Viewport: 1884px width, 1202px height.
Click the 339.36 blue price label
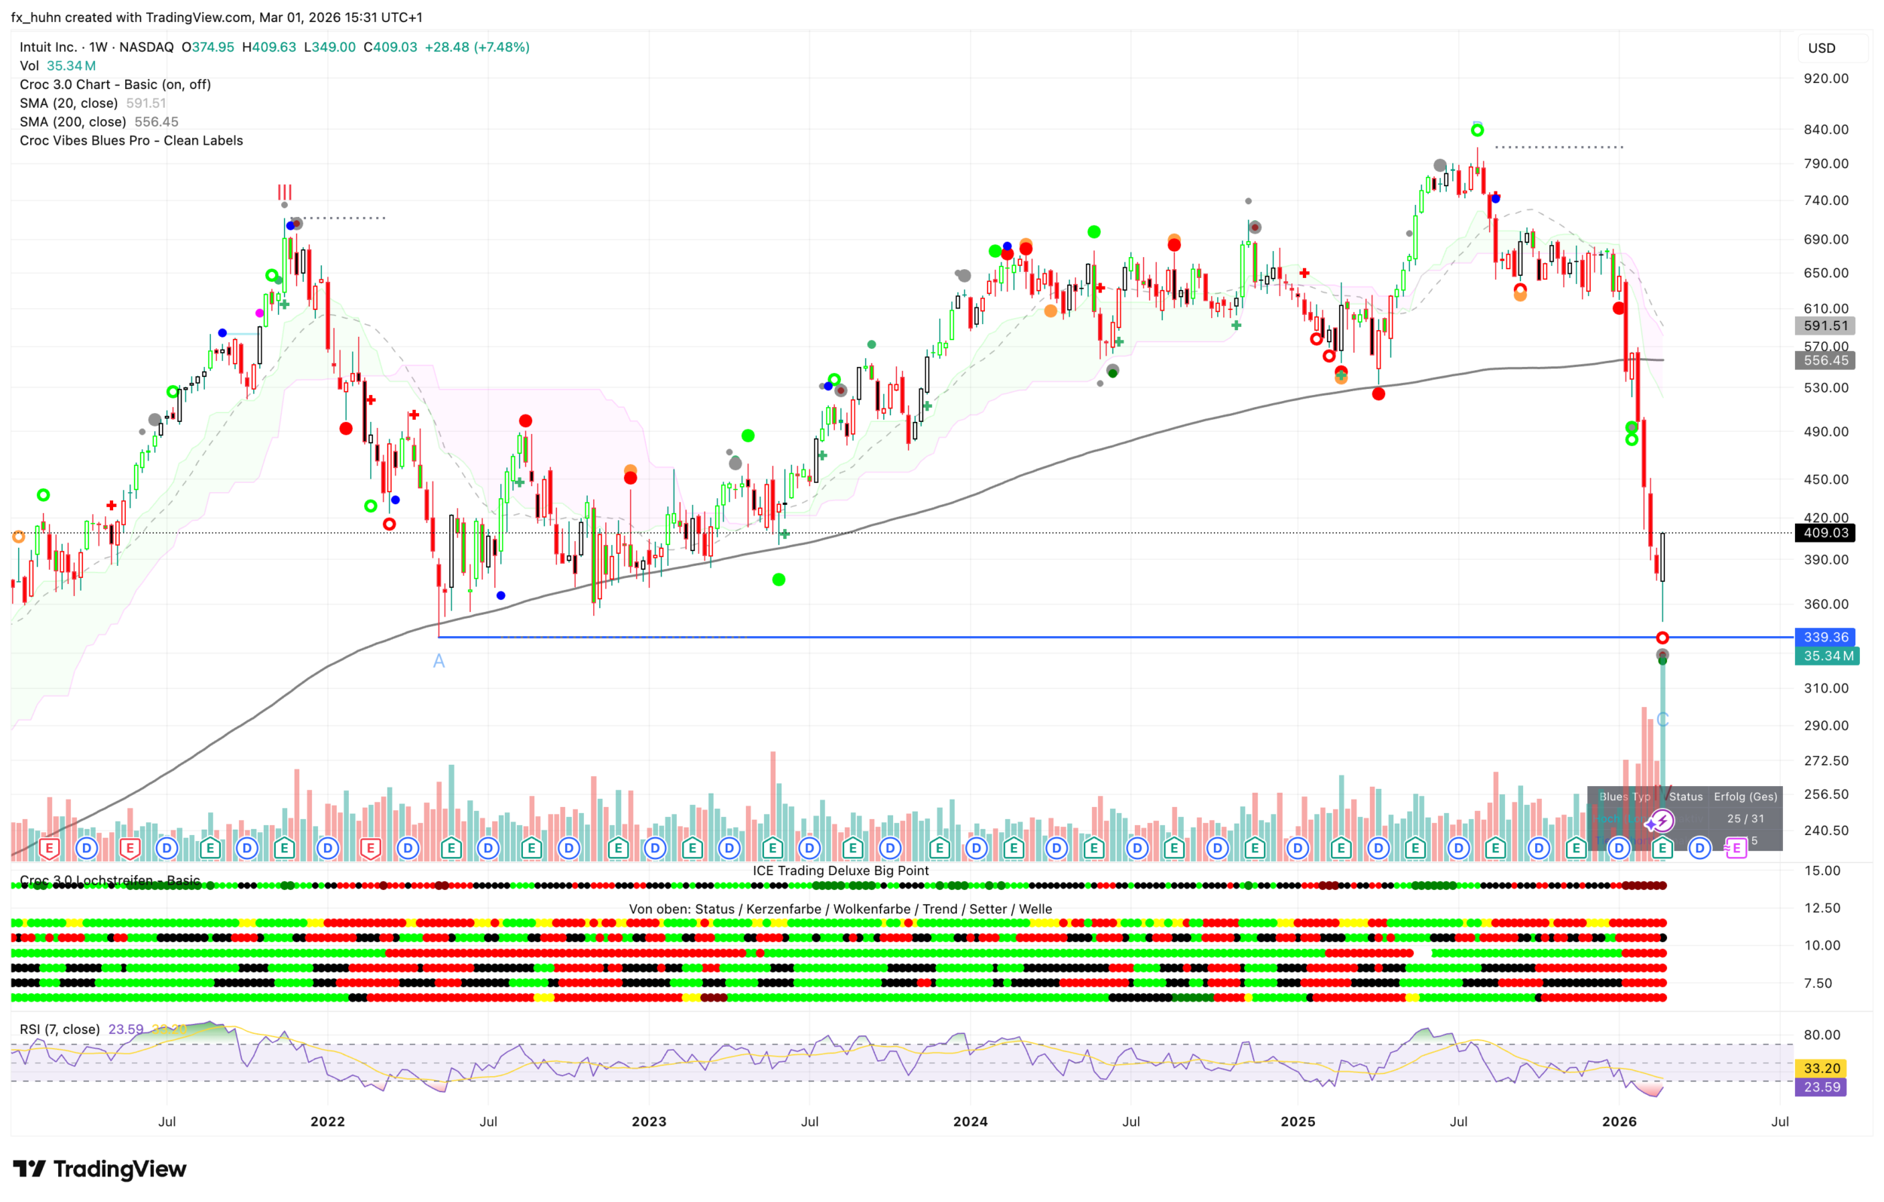pyautogui.click(x=1825, y=637)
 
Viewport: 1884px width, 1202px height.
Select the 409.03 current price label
pyautogui.click(x=1825, y=533)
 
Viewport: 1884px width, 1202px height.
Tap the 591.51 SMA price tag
pyautogui.click(x=1825, y=326)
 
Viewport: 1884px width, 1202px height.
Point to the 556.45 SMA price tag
pyautogui.click(x=1825, y=360)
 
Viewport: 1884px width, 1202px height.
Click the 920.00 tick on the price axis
pyautogui.click(x=1825, y=78)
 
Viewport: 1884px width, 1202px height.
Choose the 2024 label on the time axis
pyautogui.click(x=970, y=1121)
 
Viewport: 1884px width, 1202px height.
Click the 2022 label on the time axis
pyautogui.click(x=327, y=1121)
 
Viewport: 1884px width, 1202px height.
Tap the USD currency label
pyautogui.click(x=1821, y=47)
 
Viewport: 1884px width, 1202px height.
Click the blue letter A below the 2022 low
pyautogui.click(x=439, y=661)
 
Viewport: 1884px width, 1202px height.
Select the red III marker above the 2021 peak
pyautogui.click(x=285, y=191)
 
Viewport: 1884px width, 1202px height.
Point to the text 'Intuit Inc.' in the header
pyautogui.click(x=47, y=47)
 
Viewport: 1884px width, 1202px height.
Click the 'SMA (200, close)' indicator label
pyautogui.click(x=73, y=122)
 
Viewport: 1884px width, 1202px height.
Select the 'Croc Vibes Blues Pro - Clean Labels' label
pyautogui.click(x=131, y=141)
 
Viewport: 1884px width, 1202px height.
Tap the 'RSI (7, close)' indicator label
pyautogui.click(x=60, y=1029)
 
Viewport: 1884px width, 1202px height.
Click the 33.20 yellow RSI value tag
pyautogui.click(x=1821, y=1068)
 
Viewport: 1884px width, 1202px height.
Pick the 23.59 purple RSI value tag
pyautogui.click(x=1821, y=1087)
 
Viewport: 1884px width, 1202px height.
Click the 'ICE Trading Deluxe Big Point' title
pyautogui.click(x=840, y=870)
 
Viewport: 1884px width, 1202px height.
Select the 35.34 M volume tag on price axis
pyautogui.click(x=1827, y=656)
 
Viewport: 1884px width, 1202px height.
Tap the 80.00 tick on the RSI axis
pyautogui.click(x=1821, y=1035)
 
